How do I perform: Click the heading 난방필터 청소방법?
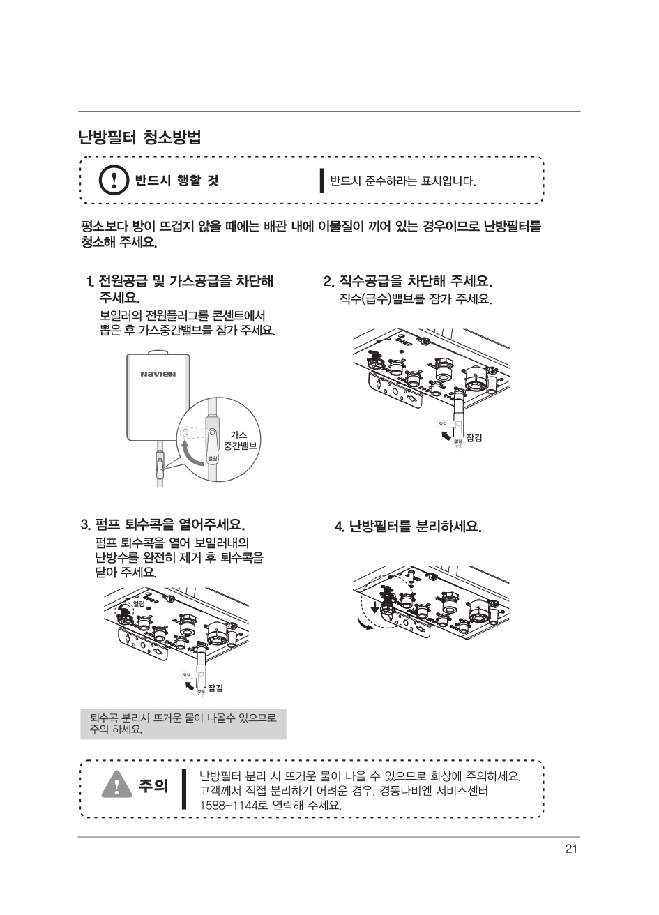click(140, 137)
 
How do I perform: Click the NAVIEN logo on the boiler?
click(158, 374)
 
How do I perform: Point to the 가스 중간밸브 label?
click(236, 439)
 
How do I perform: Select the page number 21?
click(571, 849)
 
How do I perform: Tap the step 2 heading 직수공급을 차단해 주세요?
click(408, 282)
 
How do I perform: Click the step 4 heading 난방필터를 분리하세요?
click(408, 526)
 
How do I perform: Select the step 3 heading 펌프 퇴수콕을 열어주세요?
click(163, 524)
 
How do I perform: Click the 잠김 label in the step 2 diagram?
click(474, 437)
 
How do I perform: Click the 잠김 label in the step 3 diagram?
click(215, 688)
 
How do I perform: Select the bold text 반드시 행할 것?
click(176, 181)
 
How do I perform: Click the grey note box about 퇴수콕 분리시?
click(183, 723)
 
